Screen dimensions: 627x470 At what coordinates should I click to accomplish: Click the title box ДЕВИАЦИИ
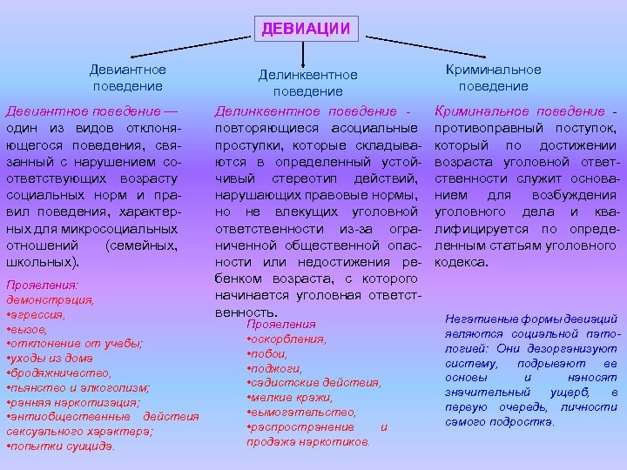click(x=306, y=29)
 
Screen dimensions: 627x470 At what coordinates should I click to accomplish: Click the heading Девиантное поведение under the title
click(x=128, y=77)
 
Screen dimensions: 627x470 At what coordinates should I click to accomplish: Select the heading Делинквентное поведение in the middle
click(x=307, y=84)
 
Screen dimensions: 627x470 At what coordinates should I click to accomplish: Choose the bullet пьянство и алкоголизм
click(x=78, y=388)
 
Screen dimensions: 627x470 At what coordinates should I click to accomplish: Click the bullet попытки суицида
click(x=61, y=447)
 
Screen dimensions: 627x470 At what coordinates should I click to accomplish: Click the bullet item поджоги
click(x=271, y=368)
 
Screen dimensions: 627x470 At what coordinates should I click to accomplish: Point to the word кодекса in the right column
click(x=462, y=261)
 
